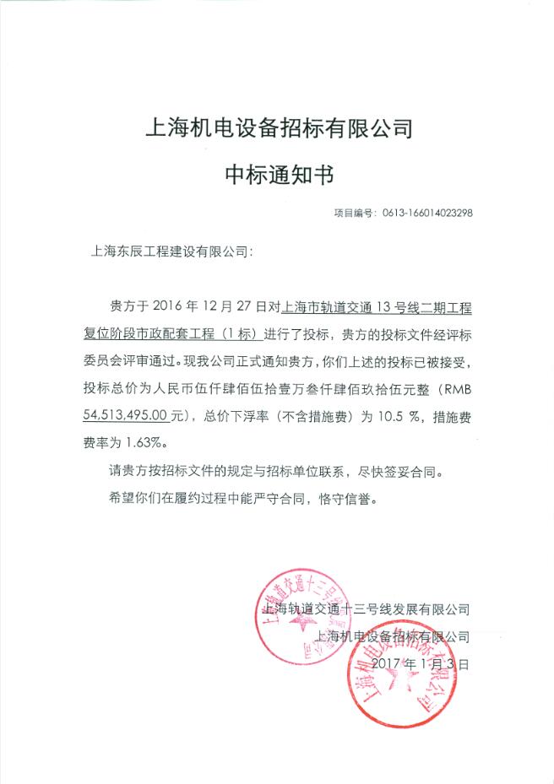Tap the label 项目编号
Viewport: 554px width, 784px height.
(353, 214)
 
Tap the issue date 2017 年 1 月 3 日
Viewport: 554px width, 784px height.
(419, 664)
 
